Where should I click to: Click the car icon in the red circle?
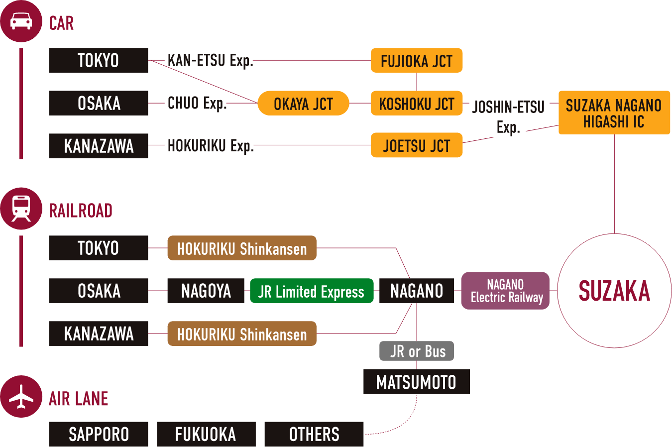pyautogui.click(x=21, y=21)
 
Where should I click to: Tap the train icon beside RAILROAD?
pyautogui.click(x=21, y=209)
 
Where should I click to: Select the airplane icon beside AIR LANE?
pyautogui.click(x=21, y=397)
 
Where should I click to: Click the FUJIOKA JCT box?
pyautogui.click(x=417, y=61)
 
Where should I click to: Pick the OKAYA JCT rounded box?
pyautogui.click(x=303, y=104)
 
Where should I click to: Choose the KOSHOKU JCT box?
pyautogui.click(x=417, y=104)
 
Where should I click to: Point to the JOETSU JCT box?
pyautogui.click(x=417, y=145)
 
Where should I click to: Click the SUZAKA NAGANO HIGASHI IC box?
pyautogui.click(x=614, y=112)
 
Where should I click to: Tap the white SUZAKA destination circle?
pyautogui.click(x=614, y=291)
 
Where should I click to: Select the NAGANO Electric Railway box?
pyautogui.click(x=505, y=291)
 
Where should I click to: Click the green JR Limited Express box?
pyautogui.click(x=311, y=291)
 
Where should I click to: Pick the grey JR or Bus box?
pyautogui.click(x=417, y=351)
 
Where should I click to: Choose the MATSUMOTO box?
pyautogui.click(x=417, y=382)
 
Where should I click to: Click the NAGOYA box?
pyautogui.click(x=206, y=291)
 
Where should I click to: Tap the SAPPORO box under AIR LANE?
pyautogui.click(x=99, y=434)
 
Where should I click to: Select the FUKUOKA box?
pyautogui.click(x=206, y=434)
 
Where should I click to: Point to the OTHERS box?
pyautogui.click(x=314, y=434)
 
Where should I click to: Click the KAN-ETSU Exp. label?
pyautogui.click(x=210, y=61)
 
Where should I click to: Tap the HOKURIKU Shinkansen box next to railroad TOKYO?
pyautogui.click(x=242, y=248)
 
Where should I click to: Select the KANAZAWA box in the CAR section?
pyautogui.click(x=99, y=146)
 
